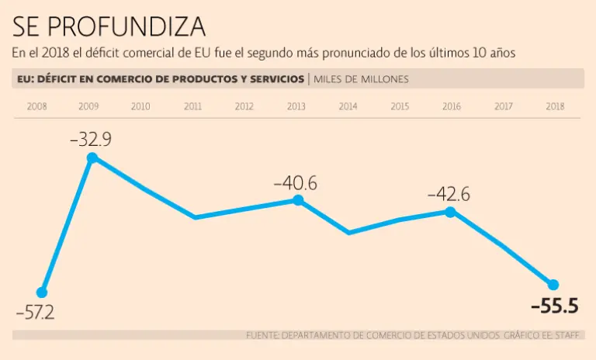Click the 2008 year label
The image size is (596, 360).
point(36,106)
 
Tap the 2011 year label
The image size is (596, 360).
point(192,106)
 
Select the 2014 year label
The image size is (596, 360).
point(348,106)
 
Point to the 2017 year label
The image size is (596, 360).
point(504,106)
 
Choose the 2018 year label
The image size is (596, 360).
point(554,106)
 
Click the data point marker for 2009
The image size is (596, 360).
point(92,158)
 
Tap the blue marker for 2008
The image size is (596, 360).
point(42,292)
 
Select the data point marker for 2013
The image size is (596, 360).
point(296,200)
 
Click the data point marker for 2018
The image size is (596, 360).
point(554,284)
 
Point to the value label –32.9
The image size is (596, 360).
point(91,140)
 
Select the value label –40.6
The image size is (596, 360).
point(296,184)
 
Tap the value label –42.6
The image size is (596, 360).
point(449,194)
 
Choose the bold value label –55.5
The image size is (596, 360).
point(554,306)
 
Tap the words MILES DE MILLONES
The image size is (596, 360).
point(361,79)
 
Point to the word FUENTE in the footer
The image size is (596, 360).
point(262,335)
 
